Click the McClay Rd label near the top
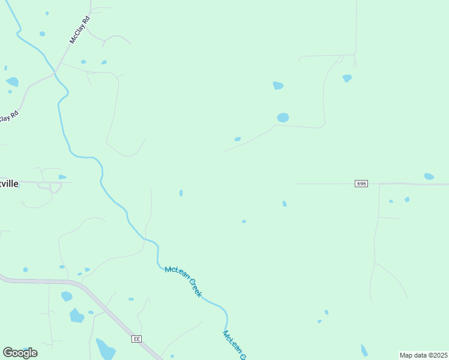click(79, 30)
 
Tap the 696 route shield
click(361, 183)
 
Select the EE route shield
click(137, 339)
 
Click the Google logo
click(20, 352)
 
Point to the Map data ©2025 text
click(423, 355)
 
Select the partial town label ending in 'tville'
click(9, 184)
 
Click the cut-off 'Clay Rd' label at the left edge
click(9, 115)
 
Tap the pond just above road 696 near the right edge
click(429, 176)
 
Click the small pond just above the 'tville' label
click(62, 177)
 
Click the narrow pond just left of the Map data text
click(364, 350)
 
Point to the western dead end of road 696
click(295, 184)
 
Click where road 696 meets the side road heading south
click(379, 184)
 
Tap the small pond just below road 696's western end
click(285, 204)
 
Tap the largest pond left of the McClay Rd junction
click(12, 82)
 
